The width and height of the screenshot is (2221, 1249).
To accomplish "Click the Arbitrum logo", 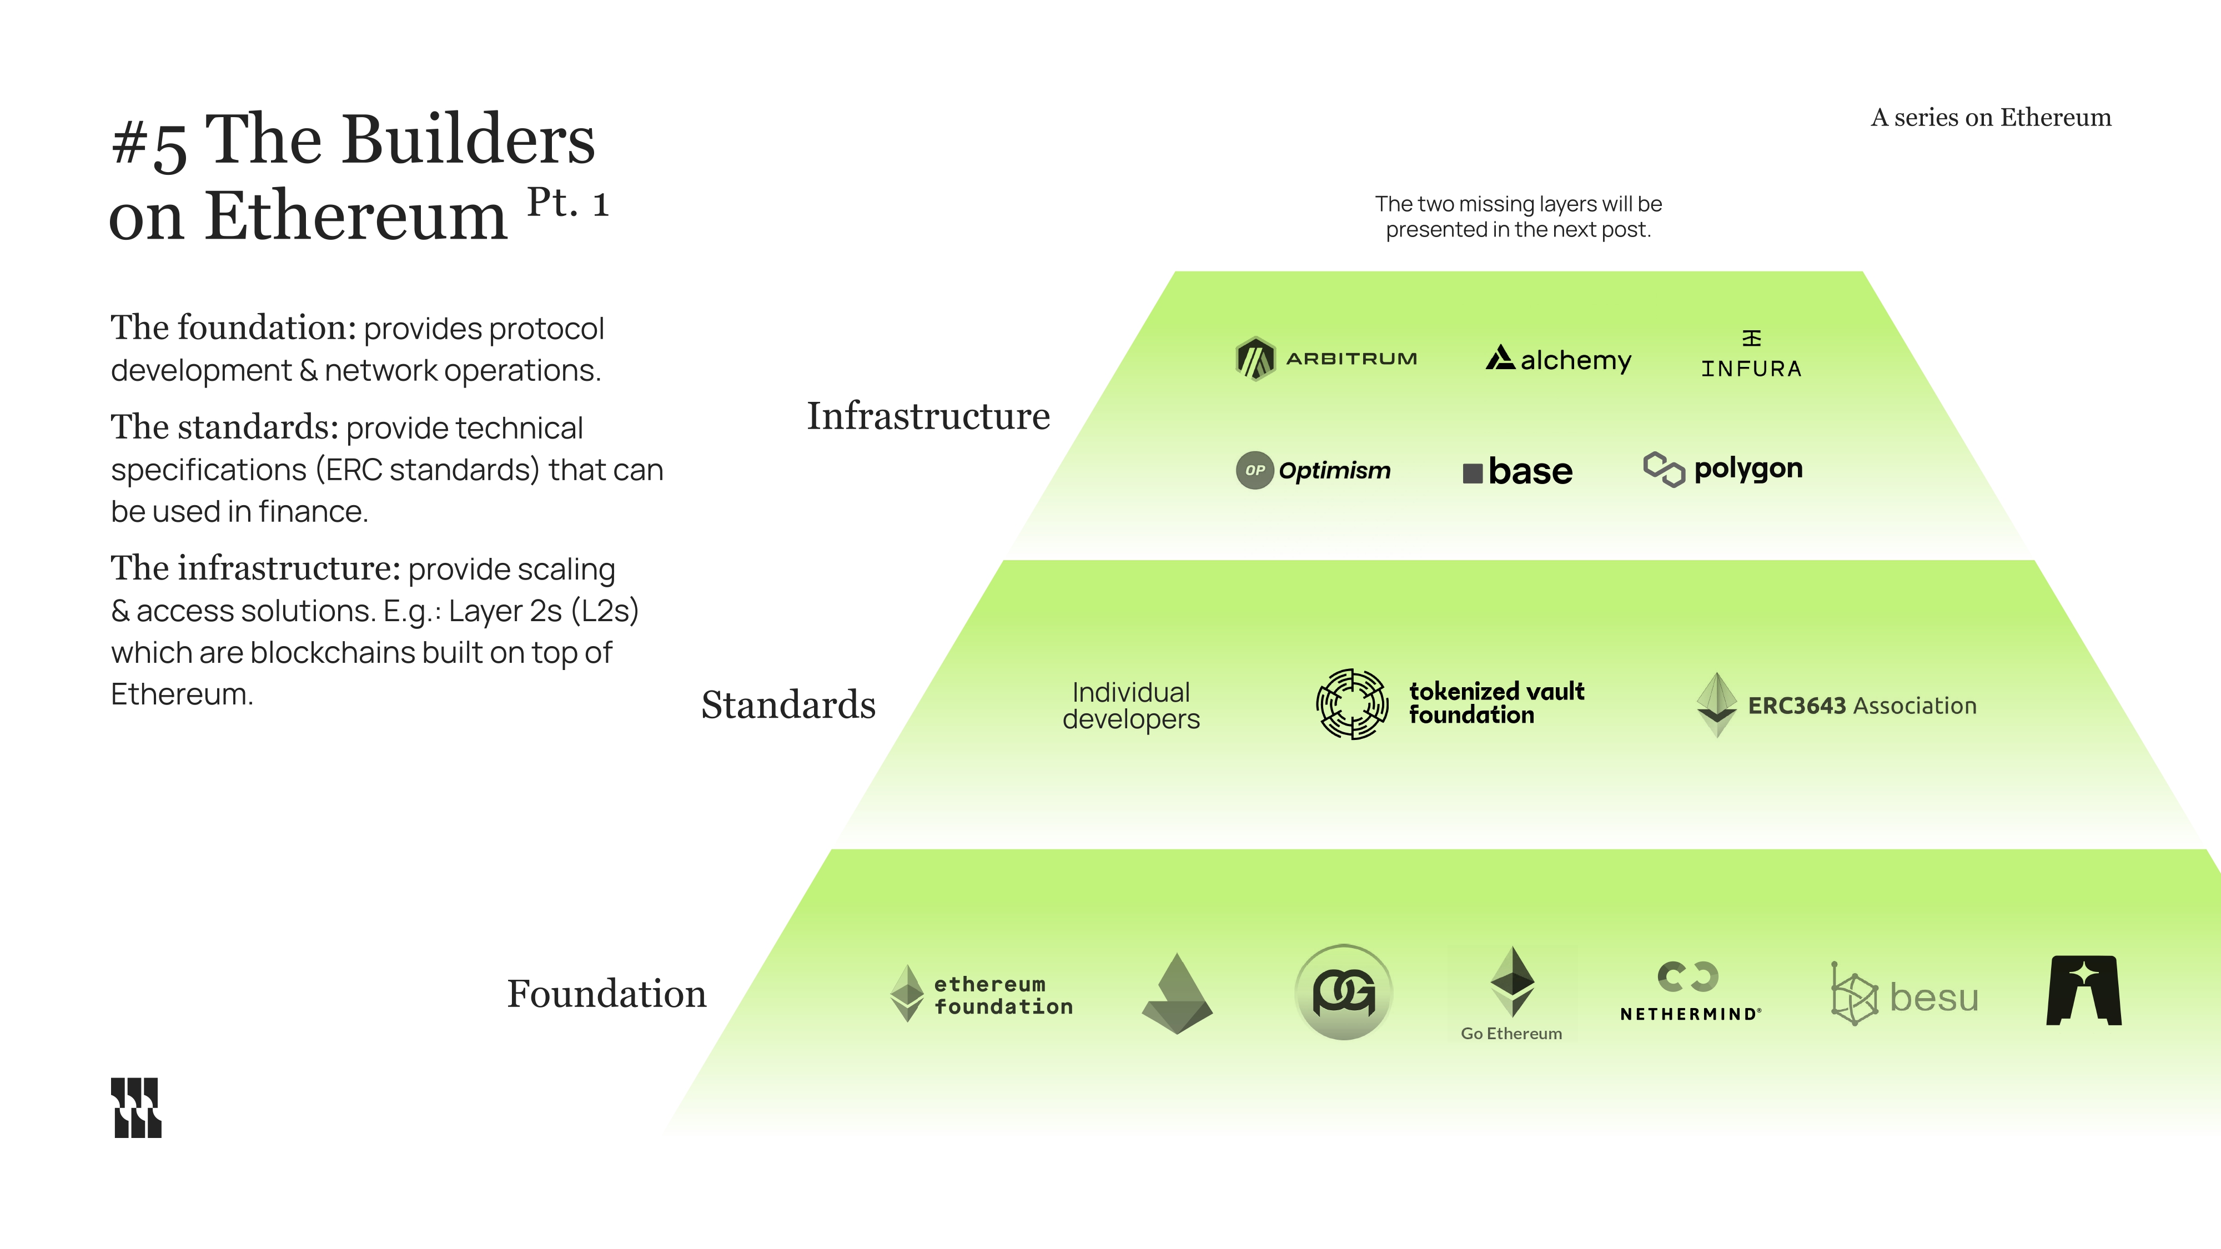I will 1326,359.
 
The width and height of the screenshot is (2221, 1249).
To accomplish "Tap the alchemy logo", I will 1558,359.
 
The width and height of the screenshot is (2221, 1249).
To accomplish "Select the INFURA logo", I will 1751,355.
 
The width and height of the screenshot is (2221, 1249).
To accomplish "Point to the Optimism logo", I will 1313,471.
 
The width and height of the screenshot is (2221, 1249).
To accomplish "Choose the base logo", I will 1517,471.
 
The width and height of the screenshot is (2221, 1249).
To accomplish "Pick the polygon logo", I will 1722,469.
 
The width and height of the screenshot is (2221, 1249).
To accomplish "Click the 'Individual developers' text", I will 1130,705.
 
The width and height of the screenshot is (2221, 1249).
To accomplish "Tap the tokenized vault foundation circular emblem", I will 1352,704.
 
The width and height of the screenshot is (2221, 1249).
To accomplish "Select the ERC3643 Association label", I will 1861,706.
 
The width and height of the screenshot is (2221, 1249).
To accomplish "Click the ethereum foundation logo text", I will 1003,995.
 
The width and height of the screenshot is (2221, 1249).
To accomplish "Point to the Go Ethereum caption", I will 1510,1034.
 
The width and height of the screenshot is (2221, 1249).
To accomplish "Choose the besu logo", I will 1905,995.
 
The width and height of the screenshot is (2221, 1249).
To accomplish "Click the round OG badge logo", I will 1343,992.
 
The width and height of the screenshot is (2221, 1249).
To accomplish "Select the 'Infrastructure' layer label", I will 928,416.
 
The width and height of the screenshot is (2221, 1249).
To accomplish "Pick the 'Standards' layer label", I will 788,705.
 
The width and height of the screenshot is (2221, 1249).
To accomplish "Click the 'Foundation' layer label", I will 606,994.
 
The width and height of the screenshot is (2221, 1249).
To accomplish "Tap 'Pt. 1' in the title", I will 568,203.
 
